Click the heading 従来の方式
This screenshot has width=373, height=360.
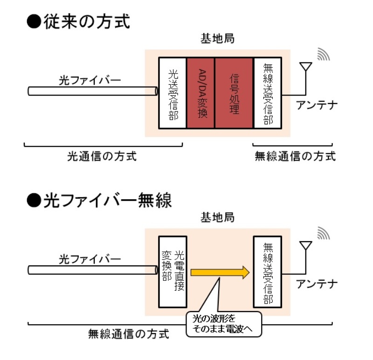pos(78,22)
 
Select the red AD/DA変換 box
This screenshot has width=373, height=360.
pos(200,93)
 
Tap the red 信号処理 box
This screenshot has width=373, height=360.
pos(233,93)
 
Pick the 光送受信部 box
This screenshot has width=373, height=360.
pos(173,93)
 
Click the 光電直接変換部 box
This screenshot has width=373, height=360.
pos(173,272)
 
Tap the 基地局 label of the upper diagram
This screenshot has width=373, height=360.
pos(217,40)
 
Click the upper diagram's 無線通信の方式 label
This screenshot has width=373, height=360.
pos(295,156)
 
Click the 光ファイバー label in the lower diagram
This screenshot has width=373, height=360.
pos(90,259)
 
